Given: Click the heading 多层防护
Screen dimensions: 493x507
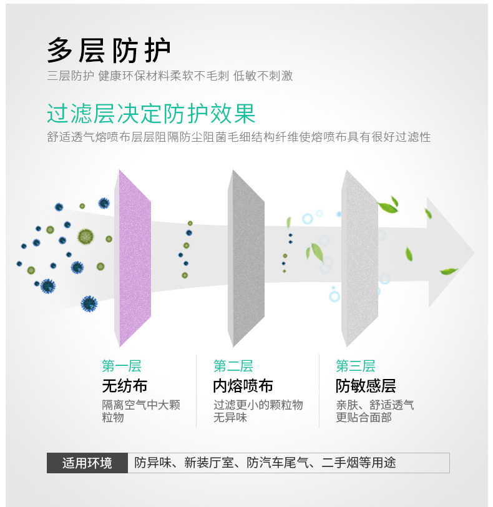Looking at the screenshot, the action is (109, 51).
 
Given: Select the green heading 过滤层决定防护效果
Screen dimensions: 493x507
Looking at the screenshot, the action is (151, 114).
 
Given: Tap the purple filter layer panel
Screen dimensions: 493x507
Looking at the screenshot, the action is (134, 257).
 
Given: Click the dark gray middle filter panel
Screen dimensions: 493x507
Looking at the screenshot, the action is (247, 257).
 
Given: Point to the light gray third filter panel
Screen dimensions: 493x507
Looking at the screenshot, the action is (361, 257).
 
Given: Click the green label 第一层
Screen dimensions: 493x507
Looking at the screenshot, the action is (122, 366).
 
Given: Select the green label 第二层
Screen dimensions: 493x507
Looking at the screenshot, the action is (233, 366).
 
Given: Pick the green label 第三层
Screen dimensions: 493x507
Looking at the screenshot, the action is (355, 366).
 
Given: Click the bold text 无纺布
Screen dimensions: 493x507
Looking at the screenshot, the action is (125, 385).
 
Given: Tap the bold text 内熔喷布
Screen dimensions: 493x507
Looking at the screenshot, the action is (243, 385).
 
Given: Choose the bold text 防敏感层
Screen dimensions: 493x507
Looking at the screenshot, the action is (366, 385).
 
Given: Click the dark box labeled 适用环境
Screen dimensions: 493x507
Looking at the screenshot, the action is (87, 463).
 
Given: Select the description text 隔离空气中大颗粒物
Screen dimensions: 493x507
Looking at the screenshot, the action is (140, 411).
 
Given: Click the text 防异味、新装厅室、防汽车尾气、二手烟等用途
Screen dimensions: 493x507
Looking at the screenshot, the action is (265, 463).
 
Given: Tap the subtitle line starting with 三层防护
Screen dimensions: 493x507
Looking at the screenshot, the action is (170, 76).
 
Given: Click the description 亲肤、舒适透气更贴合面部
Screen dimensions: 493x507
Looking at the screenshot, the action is (374, 411).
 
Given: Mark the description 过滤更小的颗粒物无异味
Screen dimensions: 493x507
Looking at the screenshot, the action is (258, 411).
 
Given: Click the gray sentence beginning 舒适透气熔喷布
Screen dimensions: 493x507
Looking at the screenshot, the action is (238, 137).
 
